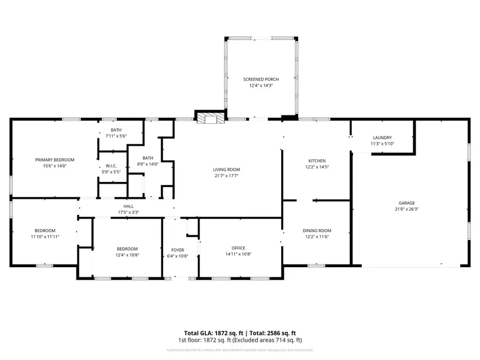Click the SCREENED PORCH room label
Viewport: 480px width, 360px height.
[261, 79]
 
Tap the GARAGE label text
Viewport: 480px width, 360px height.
[406, 203]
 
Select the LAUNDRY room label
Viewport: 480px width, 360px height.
[382, 138]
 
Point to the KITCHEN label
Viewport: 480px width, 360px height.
[317, 161]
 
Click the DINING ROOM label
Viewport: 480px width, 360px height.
[317, 230]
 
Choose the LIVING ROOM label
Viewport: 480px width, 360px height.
[227, 170]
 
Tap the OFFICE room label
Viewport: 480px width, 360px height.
[238, 247]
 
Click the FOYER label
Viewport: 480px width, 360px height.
[178, 250]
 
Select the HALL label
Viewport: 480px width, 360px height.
[129, 206]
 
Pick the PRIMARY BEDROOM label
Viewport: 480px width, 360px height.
[54, 159]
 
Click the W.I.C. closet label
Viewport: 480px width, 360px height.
[112, 166]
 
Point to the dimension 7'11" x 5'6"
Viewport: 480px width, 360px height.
[116, 137]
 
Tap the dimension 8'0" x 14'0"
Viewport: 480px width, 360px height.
[148, 164]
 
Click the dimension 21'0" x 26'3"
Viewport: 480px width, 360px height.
[406, 209]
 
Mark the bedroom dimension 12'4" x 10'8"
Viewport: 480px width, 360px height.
[127, 255]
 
